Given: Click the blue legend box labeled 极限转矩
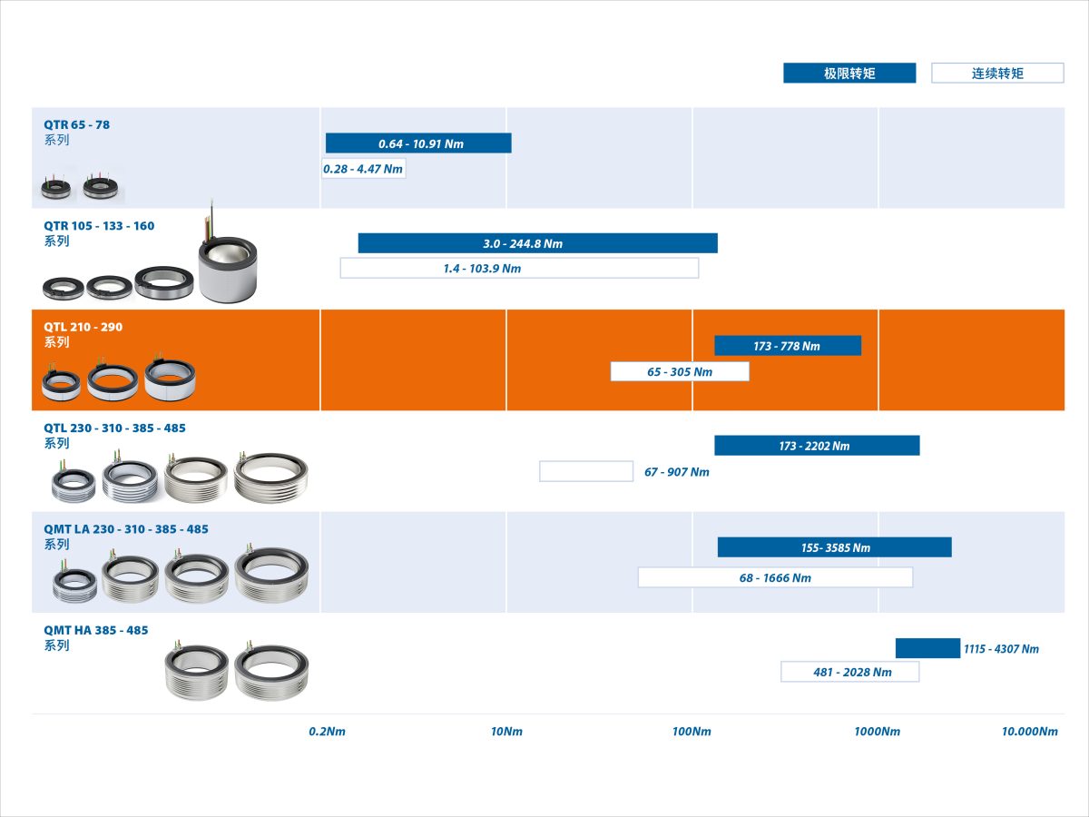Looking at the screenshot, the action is point(849,73).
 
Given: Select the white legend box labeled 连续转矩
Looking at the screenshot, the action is point(997,73).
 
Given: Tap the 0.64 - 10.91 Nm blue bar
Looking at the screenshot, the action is point(418,143).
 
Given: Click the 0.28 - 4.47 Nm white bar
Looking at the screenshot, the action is point(364,169).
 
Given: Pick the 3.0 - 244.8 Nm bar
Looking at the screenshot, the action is point(538,243).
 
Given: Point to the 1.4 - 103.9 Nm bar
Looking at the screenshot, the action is point(519,268).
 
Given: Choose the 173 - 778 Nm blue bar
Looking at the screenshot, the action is point(788,346).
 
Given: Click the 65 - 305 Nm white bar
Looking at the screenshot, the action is point(680,371).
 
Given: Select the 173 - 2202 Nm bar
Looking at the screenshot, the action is point(817,446).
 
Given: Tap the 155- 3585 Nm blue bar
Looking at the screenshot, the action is point(835,547).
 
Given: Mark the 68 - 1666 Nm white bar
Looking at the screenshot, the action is point(775,577).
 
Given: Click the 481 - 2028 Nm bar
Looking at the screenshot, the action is point(849,672).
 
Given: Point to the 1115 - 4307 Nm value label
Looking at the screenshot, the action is point(1001,649).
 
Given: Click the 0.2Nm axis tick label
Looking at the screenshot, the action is point(327,731).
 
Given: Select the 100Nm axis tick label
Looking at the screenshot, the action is point(692,731).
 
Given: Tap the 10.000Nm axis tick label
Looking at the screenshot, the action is point(1029,731).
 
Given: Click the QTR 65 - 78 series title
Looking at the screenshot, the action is point(76,124).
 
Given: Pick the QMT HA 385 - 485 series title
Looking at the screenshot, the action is point(96,630).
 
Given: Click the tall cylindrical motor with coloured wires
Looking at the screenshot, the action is point(228,268).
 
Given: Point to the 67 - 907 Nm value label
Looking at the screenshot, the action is point(677,472).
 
